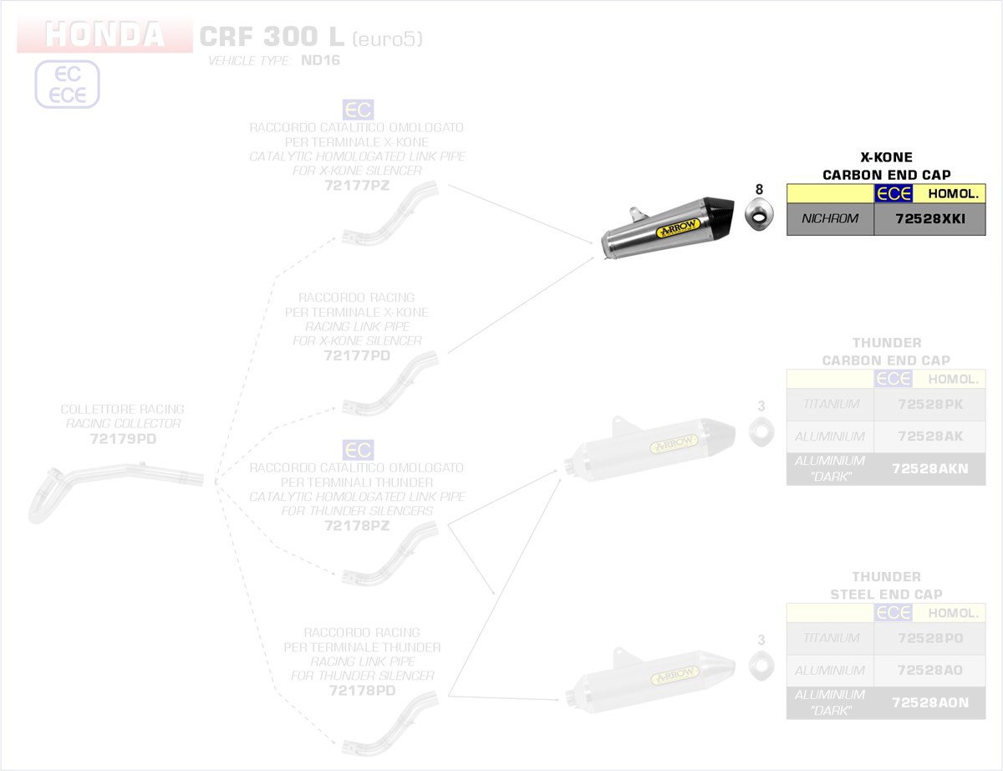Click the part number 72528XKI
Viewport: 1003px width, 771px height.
(929, 220)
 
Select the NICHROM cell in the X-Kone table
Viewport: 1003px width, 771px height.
(830, 220)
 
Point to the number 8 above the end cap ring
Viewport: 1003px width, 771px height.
(759, 189)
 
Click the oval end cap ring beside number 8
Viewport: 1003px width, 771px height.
(759, 217)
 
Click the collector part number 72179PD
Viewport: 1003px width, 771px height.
(122, 438)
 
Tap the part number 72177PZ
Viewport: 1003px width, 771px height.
(356, 186)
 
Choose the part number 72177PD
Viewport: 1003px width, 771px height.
(356, 355)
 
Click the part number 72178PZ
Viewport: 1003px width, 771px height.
(357, 526)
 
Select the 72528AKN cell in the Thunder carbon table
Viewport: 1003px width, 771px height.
(929, 469)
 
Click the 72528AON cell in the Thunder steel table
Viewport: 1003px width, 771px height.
(929, 703)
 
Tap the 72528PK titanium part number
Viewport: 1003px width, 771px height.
(929, 404)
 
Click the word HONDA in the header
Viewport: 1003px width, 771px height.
(104, 36)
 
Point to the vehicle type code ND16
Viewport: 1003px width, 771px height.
(320, 61)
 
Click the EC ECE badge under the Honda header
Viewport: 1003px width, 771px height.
(67, 84)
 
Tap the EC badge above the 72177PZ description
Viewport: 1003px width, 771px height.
(358, 110)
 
